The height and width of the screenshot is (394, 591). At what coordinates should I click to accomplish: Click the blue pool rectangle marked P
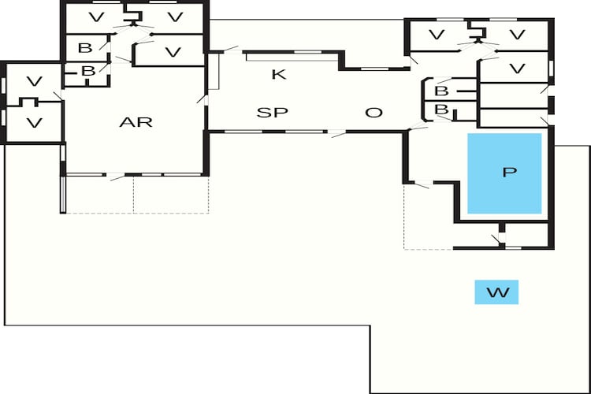pos(504,173)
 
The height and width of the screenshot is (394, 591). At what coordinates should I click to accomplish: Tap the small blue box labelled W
pos(496,292)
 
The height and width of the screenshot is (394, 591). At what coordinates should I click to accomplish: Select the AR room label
pos(136,122)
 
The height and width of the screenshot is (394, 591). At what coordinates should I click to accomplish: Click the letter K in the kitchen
pos(279,74)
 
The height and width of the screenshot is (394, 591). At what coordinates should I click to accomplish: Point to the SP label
pos(272,113)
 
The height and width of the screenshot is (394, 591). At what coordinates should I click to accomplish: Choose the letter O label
pos(374,113)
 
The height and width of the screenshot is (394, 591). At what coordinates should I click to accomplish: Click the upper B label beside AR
pos(85,48)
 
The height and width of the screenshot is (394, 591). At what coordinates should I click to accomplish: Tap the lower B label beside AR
pos(88,71)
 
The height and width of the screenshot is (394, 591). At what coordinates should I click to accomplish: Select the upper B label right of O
pos(441,91)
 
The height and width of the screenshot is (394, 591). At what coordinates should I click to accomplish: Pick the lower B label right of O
pos(441,110)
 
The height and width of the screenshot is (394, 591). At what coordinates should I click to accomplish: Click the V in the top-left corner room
pos(96,17)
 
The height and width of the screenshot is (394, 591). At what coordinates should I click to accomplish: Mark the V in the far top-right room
pos(517,35)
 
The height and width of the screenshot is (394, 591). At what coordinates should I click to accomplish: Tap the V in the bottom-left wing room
pos(35,123)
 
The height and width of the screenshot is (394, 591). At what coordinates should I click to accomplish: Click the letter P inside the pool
pos(510,172)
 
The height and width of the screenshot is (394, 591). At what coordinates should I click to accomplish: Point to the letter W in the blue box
pos(498,292)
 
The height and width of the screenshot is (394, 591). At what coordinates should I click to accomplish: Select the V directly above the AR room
pos(173,52)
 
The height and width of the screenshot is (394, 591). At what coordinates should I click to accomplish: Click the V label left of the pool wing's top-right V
pos(437,35)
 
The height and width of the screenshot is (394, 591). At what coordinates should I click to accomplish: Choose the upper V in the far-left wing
pos(35,81)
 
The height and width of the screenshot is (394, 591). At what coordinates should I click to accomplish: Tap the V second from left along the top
pos(175,17)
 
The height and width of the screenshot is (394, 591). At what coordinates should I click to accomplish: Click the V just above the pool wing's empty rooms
pos(517,69)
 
